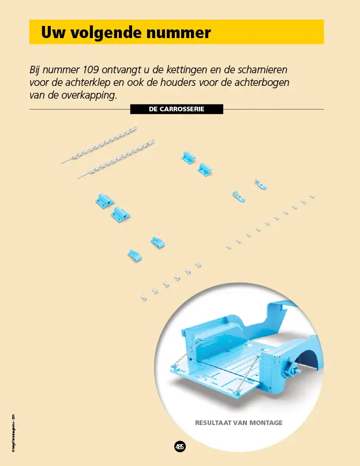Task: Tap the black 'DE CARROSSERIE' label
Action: [177, 108]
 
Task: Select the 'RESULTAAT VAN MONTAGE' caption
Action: [239, 423]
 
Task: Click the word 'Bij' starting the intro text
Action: [36, 70]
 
